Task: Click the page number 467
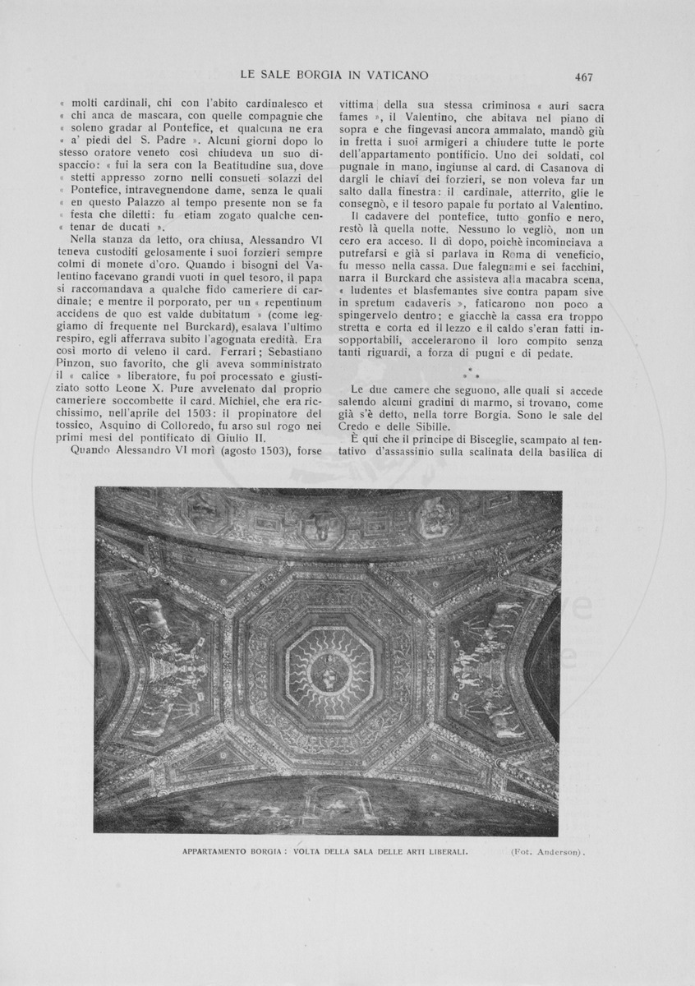point(584,77)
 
